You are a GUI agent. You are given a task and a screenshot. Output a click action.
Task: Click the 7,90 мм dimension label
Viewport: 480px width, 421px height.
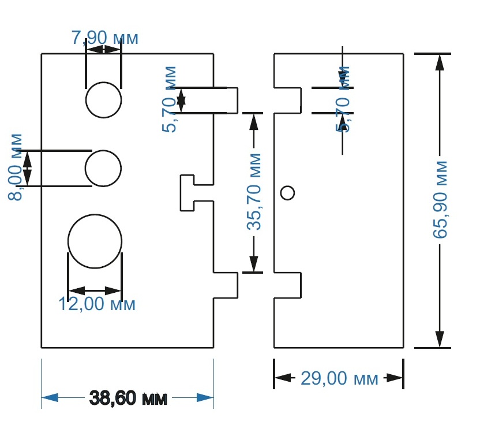(x=104, y=38)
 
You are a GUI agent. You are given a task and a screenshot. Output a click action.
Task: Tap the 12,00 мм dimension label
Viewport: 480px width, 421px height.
(x=97, y=304)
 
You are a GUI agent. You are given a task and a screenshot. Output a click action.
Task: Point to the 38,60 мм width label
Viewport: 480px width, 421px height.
(x=128, y=398)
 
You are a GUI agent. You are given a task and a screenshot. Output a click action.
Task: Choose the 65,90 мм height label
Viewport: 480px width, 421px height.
(x=440, y=199)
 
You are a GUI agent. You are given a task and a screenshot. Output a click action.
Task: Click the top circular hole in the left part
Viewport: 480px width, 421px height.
(x=104, y=99)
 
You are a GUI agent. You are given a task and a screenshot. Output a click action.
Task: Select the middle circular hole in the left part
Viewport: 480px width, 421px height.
(x=103, y=168)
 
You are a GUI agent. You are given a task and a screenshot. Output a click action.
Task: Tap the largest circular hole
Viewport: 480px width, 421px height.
(x=95, y=241)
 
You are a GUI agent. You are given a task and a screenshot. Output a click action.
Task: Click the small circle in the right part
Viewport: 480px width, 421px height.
(x=287, y=192)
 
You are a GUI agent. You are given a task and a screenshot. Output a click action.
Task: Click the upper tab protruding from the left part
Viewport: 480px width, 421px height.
(x=226, y=100)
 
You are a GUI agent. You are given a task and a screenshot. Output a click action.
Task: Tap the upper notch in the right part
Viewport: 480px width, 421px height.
(x=288, y=100)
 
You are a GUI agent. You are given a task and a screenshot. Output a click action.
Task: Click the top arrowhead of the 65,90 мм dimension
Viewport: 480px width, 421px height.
(x=440, y=61)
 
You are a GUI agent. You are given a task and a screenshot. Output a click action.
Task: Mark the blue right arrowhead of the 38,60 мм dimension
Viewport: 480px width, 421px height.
(x=205, y=398)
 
